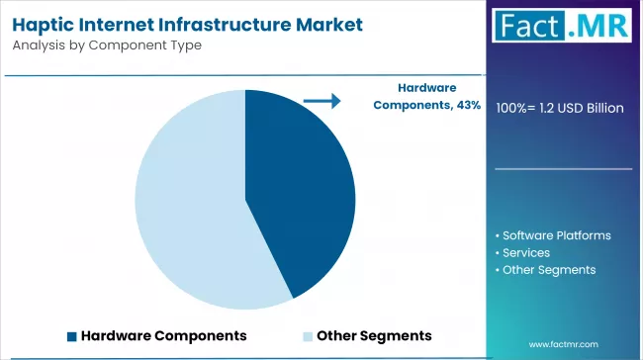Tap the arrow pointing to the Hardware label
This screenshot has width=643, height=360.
click(321, 100)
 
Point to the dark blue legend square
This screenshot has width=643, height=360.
click(71, 335)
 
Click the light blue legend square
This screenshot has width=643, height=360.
click(308, 335)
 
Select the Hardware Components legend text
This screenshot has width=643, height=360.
click(163, 335)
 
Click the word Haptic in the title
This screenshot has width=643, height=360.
click(48, 23)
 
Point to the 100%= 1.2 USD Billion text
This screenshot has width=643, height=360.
click(559, 107)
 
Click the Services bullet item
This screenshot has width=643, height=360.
click(525, 252)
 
